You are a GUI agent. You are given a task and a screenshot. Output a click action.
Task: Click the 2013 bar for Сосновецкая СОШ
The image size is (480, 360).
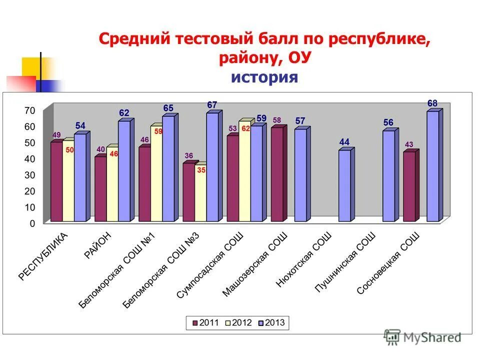[432, 166]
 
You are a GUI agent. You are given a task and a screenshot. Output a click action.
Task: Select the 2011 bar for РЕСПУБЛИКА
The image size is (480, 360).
[56, 182]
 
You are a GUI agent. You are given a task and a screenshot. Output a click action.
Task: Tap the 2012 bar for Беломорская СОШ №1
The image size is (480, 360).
[156, 173]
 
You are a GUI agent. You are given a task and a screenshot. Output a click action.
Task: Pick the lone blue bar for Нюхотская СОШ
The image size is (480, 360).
[344, 185]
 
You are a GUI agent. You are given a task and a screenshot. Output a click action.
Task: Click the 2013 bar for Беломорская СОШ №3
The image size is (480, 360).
[212, 167]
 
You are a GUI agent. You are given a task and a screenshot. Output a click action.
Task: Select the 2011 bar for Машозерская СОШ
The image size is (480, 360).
[276, 174]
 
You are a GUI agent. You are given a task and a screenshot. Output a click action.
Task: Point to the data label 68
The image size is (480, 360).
[432, 103]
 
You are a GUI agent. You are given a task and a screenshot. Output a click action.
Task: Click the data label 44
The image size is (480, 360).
[344, 142]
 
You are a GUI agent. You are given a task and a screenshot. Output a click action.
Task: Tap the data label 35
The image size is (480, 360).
[201, 170]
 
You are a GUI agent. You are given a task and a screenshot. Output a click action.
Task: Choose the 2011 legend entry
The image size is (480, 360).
[205, 322]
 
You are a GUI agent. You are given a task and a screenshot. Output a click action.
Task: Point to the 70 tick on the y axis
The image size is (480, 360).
[30, 110]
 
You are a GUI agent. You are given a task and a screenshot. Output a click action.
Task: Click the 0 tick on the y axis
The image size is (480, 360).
[32, 223]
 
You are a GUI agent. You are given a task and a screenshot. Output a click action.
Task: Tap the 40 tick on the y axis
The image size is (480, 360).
[30, 159]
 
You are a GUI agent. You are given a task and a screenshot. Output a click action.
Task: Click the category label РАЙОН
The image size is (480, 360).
[98, 245]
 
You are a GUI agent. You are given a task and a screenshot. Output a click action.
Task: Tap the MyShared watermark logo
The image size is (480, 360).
[422, 337]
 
